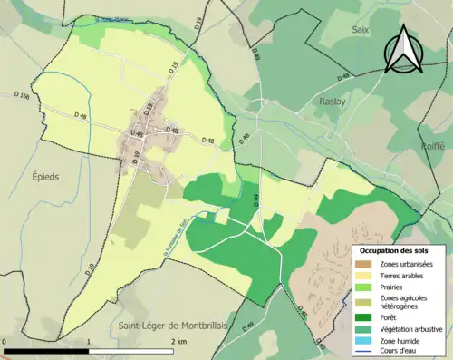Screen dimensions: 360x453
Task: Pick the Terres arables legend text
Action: point(401,275)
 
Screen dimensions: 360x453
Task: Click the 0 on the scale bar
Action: point(5,343)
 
